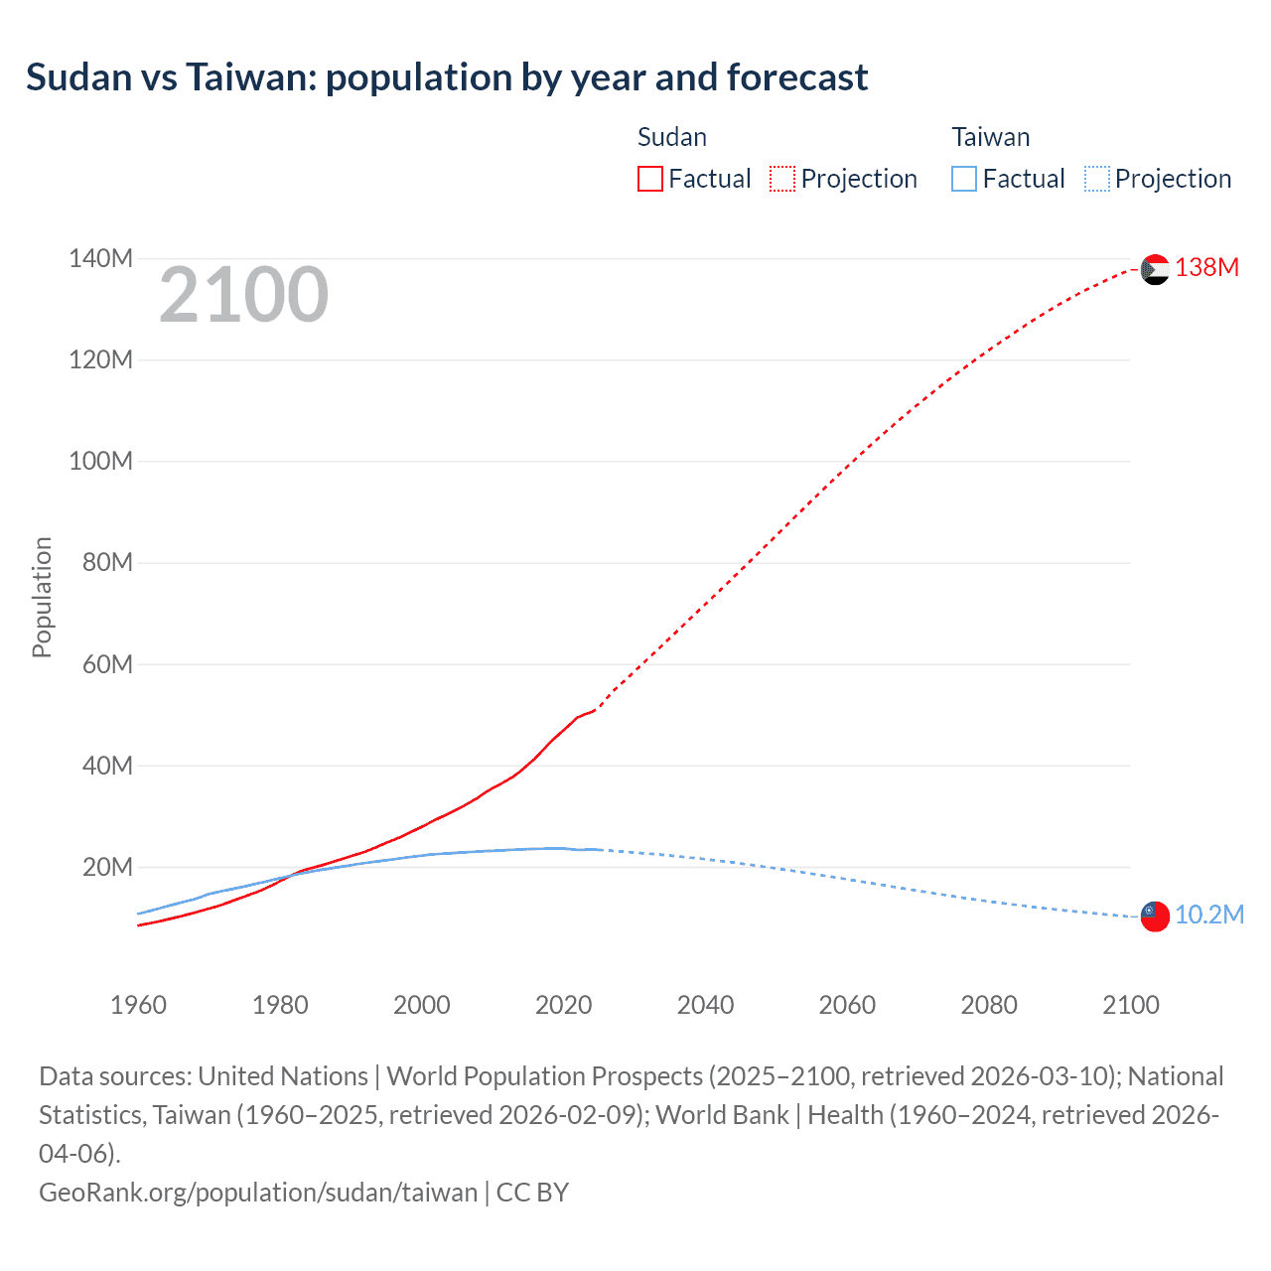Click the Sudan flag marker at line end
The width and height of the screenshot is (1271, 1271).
1155,269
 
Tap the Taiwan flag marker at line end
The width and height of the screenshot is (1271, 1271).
1155,917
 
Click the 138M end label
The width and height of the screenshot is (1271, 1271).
1206,267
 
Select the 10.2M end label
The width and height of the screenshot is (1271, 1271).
1208,915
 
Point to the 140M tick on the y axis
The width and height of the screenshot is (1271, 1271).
100,259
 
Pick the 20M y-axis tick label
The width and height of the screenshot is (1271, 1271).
107,867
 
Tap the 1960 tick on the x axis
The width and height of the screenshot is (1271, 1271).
138,1005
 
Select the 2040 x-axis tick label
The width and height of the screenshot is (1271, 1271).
705,1005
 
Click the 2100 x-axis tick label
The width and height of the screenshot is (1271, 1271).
1130,1005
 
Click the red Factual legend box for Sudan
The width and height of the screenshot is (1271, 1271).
650,179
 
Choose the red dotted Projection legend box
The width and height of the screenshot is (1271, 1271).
782,179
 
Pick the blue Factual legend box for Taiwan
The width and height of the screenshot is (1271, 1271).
964,179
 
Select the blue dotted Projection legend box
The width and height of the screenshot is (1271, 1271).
1096,179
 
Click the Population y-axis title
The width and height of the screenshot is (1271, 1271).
42,597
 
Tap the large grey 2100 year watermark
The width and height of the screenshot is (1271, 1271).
243,295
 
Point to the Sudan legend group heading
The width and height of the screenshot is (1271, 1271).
672,137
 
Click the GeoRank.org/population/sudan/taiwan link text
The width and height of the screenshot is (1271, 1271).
258,1192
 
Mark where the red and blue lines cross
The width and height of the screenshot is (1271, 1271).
289,876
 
